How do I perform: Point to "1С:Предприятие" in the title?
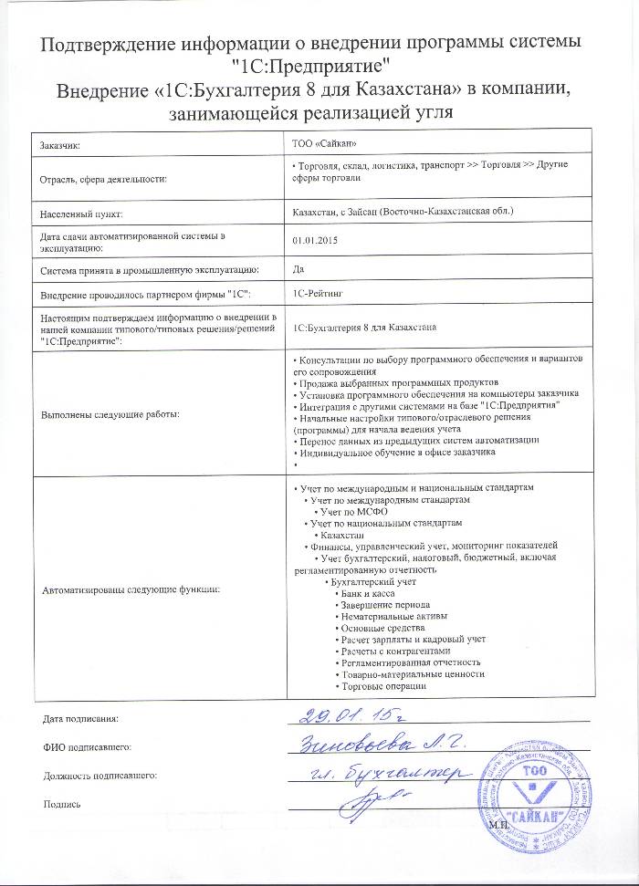click(x=311, y=66)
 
